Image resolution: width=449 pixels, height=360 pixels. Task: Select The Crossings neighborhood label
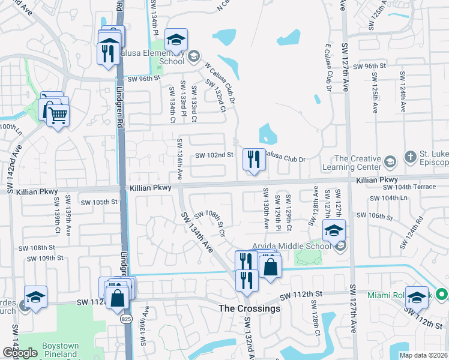(x=249, y=308)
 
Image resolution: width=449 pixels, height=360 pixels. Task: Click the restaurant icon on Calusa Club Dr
(x=253, y=160)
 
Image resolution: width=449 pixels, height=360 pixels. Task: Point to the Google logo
(x=19, y=353)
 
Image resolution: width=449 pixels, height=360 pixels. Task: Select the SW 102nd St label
(x=215, y=155)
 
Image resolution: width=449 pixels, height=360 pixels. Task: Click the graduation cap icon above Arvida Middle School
(x=333, y=229)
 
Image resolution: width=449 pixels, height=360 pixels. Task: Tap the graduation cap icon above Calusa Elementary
(x=176, y=40)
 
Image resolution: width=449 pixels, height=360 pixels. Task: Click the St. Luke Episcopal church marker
(x=412, y=155)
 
